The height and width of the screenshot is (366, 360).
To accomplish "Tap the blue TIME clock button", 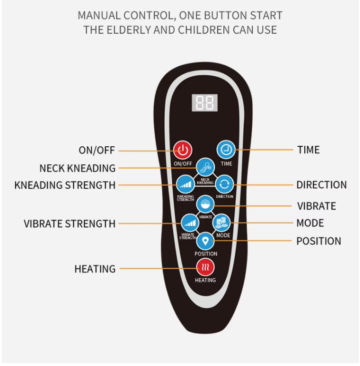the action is point(226,150).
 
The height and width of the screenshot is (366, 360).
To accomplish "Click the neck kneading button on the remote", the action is point(205,167).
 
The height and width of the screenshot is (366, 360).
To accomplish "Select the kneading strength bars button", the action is point(186,184).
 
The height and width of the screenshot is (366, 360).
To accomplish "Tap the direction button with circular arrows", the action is point(225,184).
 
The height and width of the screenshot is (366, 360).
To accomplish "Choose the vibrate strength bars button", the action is point(190,223).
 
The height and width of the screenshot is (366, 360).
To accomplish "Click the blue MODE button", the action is point(221,223).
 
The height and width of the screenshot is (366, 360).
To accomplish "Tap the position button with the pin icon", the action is point(205,241).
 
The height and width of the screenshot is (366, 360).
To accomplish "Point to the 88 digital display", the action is point(205,103).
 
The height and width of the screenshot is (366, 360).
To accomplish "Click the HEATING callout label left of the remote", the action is point(95,269).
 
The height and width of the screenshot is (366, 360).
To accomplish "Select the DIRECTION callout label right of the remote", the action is point(321,185).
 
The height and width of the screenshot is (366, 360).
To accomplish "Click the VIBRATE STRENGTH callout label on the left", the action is point(70,224).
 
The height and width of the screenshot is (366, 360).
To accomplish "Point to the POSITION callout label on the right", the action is point(319,241).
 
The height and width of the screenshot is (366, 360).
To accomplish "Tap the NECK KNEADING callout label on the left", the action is point(78,168).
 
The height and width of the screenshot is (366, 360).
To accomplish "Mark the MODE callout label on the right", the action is point(310,223).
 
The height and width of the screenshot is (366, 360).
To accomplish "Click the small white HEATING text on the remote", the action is point(205,280).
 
